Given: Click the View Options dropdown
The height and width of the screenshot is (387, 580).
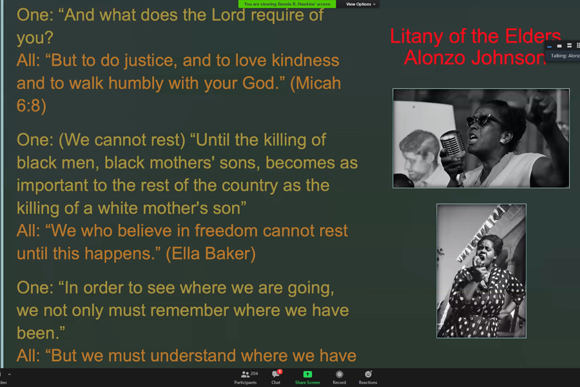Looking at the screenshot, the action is coord(360,4).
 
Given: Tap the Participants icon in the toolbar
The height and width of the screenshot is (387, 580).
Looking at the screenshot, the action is coord(245,374).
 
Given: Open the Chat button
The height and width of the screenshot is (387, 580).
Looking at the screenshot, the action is coord(276,377).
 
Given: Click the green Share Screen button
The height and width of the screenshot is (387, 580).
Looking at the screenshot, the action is coord(307,377).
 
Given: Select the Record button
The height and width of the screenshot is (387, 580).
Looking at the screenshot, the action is coord(339,377).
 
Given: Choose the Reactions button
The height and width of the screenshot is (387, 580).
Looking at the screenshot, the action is coord(368,377).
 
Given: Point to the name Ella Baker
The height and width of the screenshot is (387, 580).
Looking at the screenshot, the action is coord(211,253).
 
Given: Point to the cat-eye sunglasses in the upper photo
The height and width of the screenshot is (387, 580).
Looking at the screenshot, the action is coord(483,119).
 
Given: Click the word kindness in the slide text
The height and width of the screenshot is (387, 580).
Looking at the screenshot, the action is coord(305,61).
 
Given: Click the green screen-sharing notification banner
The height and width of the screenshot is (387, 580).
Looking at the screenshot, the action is coord(287,4).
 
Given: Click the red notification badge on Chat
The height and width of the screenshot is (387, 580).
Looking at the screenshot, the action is coord(280,372).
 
